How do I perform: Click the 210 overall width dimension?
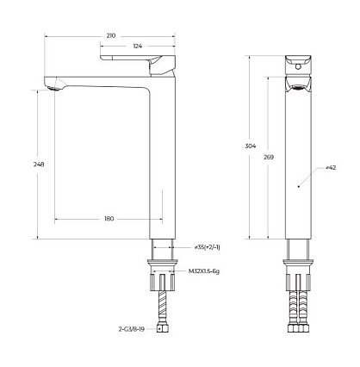pos(111,35)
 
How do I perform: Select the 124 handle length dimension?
pos(137,46)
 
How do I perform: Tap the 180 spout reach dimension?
pos(109,219)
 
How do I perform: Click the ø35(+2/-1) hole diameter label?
pos(207,247)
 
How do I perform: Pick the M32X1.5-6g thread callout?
pos(204,271)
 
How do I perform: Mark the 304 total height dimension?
pos(251,146)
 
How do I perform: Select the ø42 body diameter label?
pos(331,168)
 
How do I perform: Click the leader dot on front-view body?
pos(297,184)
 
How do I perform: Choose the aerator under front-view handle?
pos(297,86)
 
